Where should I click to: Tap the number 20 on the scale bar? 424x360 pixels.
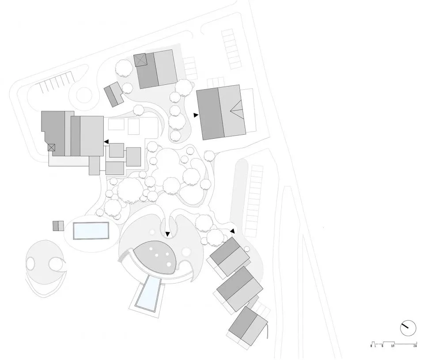coord(415,346)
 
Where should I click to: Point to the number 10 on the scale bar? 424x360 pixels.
coord(393,346)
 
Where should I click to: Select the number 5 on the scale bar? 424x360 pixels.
coord(382,346)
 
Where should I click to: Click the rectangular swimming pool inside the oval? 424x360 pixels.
coord(91,231)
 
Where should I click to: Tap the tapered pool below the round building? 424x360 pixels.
coord(148,293)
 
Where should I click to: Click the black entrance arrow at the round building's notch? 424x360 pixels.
coord(168,234)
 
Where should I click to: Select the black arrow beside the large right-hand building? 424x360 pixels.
coord(196,115)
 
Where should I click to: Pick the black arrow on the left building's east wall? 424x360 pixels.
coord(106,141)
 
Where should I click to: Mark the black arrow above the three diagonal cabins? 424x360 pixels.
coord(232,231)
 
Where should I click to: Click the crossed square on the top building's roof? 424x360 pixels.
coord(140,60)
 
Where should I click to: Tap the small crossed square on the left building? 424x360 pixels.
coord(51,148)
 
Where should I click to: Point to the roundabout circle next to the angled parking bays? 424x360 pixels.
coord(84,95)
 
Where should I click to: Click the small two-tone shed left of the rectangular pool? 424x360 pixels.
coord(58,226)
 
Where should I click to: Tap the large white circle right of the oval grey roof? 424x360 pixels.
coord(186,252)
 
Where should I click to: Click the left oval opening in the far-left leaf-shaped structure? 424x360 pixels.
coord(30,263)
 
